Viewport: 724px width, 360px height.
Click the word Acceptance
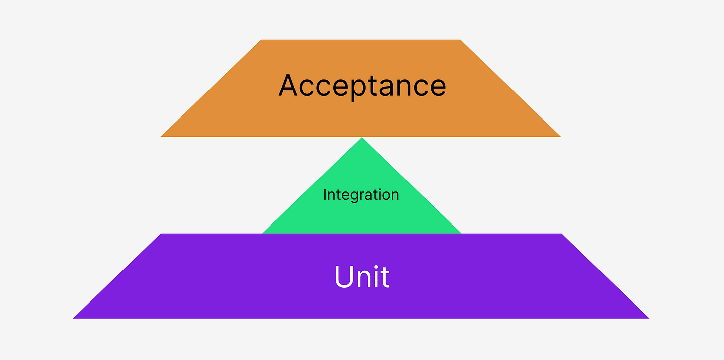coord(362,86)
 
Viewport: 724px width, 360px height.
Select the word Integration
coord(361,194)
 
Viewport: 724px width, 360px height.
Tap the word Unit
coord(362,276)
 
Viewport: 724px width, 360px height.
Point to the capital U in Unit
coord(344,276)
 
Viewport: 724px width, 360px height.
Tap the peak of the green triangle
coord(362,138)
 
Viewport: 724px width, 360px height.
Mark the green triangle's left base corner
coord(263,233)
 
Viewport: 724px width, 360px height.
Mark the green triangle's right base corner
coord(461,233)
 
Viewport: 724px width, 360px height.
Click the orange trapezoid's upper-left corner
coord(262,40)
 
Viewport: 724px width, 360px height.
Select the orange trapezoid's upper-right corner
coord(460,40)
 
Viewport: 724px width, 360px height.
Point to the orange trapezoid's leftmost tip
coord(161,136)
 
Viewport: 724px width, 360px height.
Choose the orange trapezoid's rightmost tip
coord(560,136)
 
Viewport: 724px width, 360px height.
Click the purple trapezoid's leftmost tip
coord(74,318)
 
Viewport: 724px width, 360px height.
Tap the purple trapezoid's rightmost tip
coord(648,318)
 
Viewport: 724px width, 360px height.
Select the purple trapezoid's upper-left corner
coord(161,234)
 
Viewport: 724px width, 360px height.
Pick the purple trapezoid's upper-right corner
coord(561,234)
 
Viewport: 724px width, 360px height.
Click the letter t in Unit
coord(385,277)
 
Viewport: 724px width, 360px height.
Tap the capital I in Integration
coord(325,194)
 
